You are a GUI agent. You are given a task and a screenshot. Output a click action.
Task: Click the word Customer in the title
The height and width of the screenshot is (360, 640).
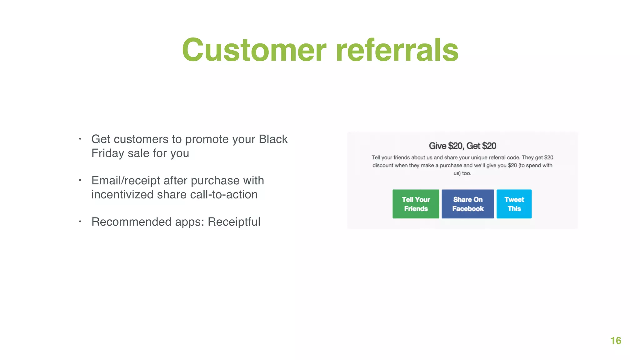point(254,50)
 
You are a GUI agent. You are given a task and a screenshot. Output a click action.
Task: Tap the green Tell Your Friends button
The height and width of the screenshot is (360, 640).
point(416,204)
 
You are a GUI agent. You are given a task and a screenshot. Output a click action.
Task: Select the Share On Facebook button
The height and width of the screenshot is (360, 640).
point(467,204)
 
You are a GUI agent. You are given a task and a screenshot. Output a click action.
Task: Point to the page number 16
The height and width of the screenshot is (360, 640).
point(616,341)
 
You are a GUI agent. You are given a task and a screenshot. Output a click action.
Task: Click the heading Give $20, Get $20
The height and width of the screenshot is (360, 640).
point(462,146)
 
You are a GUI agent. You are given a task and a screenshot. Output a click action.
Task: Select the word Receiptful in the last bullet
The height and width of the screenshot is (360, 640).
point(234,222)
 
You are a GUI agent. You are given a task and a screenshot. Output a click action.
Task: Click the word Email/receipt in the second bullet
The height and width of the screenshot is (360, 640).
point(125,181)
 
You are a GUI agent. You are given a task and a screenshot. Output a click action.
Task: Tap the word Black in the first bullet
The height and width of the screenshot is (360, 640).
point(273,139)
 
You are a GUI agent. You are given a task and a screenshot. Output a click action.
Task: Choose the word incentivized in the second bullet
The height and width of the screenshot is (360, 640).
point(122,195)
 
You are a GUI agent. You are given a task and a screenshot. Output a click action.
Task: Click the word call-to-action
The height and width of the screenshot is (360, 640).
point(223,195)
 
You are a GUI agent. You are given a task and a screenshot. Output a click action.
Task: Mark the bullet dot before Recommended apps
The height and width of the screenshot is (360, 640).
point(80,222)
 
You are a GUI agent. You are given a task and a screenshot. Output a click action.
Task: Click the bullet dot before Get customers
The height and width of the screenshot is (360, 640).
point(80,139)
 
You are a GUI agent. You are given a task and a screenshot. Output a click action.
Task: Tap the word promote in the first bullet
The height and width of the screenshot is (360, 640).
point(207,139)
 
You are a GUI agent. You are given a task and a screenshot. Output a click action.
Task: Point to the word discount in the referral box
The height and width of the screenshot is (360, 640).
point(383,165)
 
